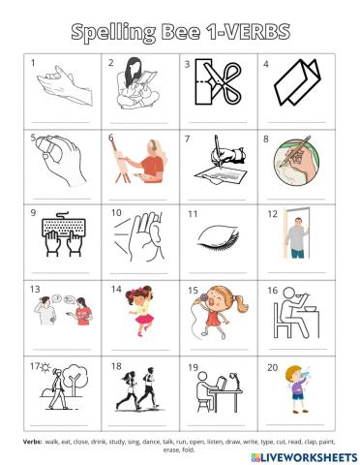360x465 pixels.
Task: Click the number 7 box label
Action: click(x=187, y=138)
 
